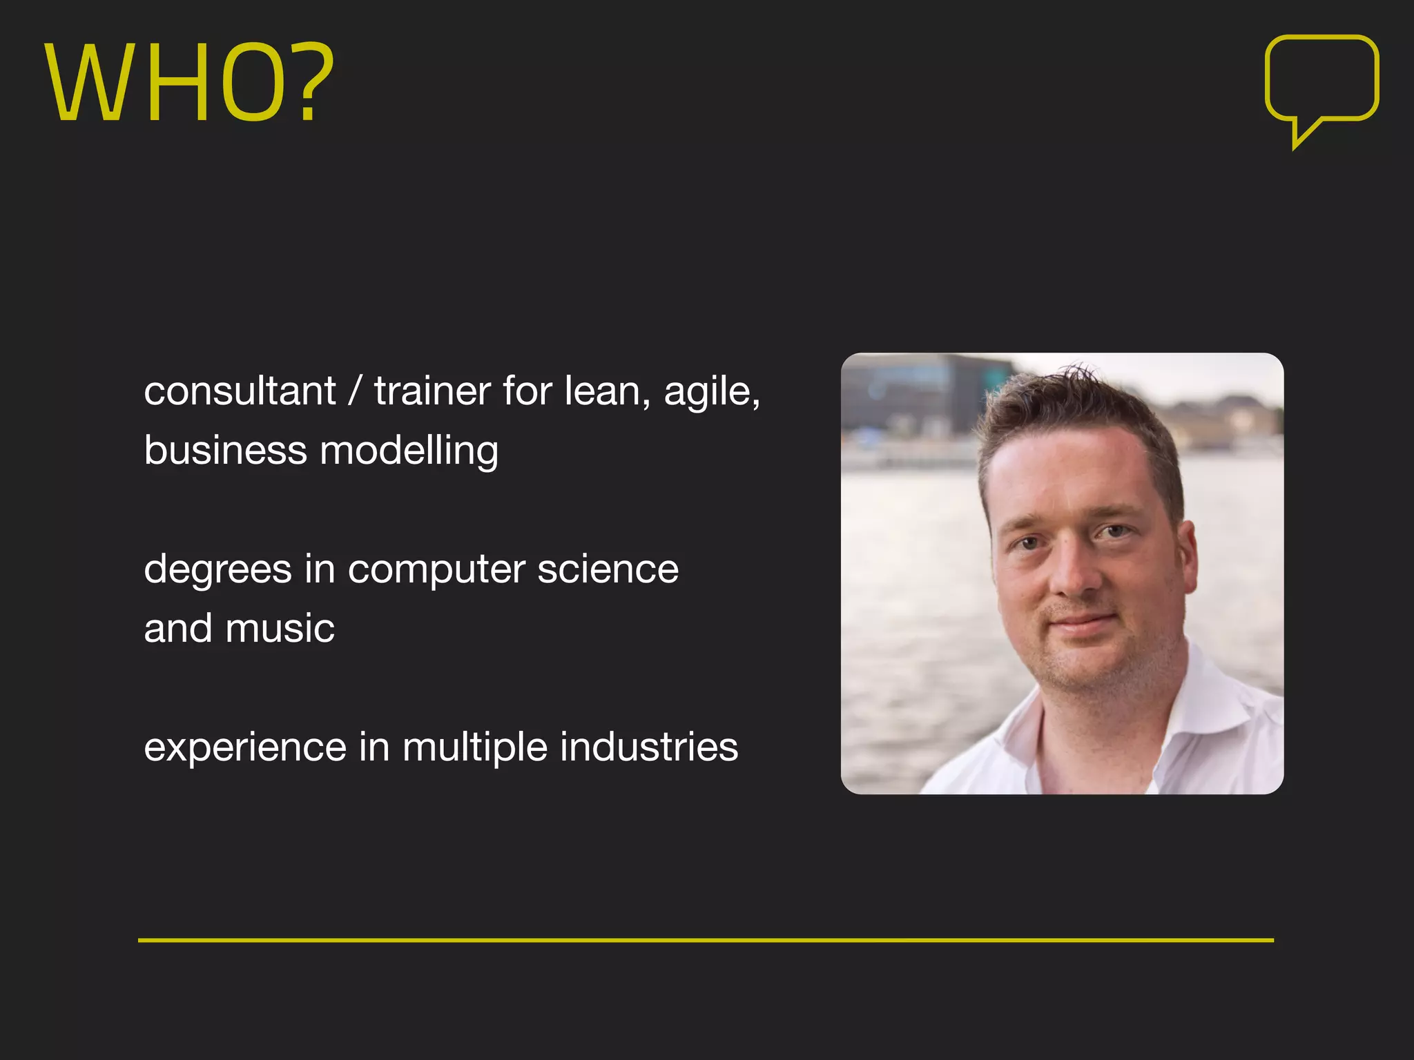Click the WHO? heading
coord(189,83)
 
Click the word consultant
coord(240,391)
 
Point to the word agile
coord(711,393)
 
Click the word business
coord(225,451)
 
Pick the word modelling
coord(409,452)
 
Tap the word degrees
coord(217,571)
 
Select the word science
coord(608,569)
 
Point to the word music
coord(280,629)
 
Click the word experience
coord(245,748)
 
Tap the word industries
coord(649,747)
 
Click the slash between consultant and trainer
coord(355,391)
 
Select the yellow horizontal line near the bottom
coord(706,940)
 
